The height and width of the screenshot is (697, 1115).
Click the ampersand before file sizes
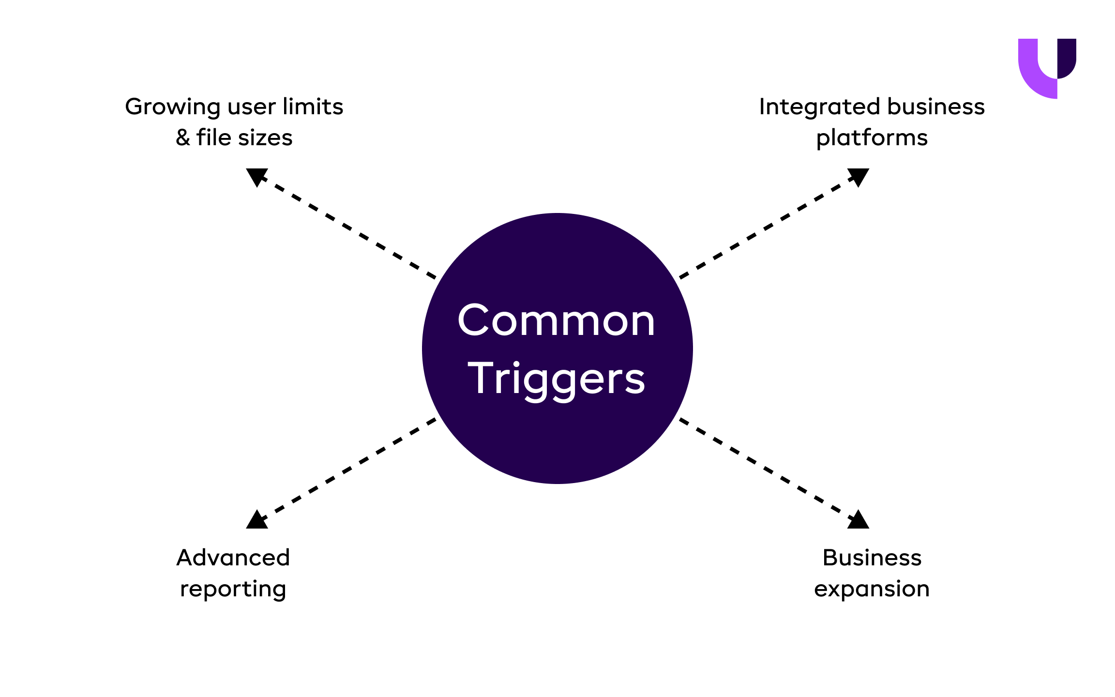coord(182,138)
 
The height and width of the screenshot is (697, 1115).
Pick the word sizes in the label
coord(265,138)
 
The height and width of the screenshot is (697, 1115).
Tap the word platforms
coord(872,138)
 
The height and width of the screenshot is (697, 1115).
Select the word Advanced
coord(233,558)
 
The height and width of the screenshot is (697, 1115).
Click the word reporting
coord(233,590)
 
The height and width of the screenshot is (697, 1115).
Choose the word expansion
coord(872,590)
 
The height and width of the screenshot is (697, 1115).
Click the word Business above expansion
coord(872,558)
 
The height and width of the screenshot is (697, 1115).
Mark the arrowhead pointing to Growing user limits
coord(256,176)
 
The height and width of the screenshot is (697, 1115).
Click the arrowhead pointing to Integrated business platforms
coord(859,176)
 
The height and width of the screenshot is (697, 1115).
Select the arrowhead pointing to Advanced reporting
coord(256,521)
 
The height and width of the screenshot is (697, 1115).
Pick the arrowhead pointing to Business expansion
coord(859,521)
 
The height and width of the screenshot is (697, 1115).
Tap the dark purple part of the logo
coord(1067,56)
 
